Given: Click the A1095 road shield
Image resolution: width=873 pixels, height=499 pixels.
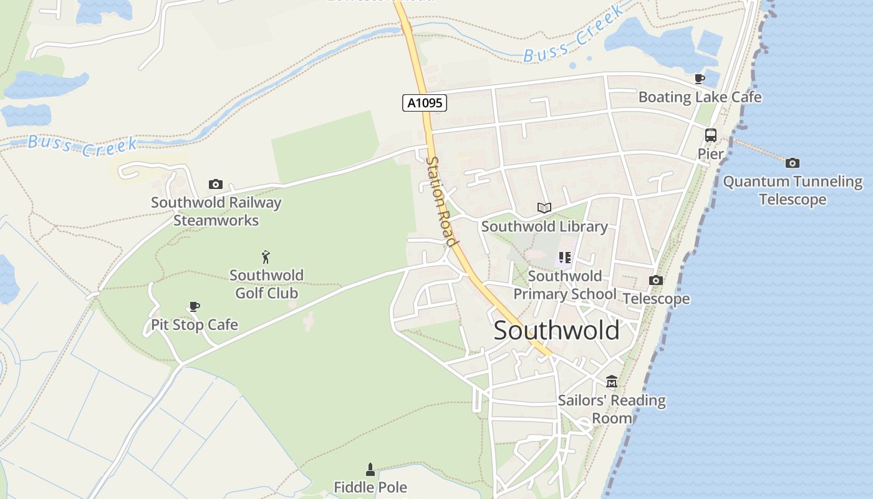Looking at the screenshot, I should (425, 103).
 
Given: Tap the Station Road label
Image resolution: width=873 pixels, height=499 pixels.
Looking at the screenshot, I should (441, 201).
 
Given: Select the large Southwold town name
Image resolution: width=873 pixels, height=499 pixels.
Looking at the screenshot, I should (556, 331).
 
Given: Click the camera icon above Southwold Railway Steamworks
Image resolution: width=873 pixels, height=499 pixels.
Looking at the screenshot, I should (216, 185).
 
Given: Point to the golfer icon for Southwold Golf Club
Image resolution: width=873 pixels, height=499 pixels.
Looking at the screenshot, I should (266, 257).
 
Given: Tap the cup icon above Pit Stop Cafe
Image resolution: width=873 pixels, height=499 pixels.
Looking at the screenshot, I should (195, 306).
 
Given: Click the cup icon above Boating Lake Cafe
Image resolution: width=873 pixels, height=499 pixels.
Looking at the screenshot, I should (700, 79).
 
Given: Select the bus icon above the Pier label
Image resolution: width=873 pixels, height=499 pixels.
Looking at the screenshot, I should (710, 135).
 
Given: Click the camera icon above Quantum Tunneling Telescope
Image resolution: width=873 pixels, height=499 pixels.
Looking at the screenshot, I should (793, 163).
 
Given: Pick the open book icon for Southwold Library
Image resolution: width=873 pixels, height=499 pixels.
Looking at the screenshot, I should (544, 208).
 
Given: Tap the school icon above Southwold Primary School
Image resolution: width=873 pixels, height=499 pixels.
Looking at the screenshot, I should (565, 257).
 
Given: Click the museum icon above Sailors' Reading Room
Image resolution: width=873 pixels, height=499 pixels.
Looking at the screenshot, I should (612, 381).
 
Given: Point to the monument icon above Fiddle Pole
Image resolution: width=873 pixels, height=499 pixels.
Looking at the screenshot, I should (370, 470).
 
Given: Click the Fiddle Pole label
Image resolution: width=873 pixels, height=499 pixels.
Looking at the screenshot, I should (370, 487).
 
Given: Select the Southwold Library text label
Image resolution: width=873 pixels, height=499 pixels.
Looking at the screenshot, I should (544, 226).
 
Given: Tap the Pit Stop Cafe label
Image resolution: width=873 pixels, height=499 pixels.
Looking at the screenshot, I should (195, 325).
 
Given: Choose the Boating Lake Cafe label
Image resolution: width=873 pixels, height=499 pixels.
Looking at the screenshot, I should (700, 97).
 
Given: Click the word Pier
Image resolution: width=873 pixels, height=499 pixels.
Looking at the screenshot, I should (710, 154).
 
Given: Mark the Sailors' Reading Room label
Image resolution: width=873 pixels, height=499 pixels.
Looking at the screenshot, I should (612, 409).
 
